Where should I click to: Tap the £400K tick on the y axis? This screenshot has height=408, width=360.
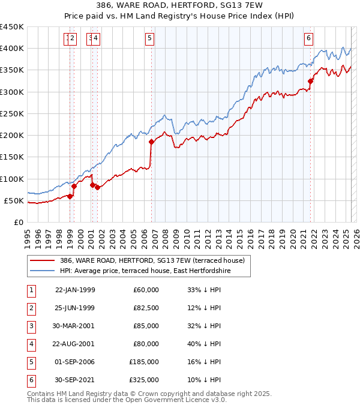(12, 49)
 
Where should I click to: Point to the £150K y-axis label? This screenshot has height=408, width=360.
(12, 157)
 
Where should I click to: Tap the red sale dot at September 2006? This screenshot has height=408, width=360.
(151, 142)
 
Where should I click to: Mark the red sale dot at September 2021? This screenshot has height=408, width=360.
(311, 81)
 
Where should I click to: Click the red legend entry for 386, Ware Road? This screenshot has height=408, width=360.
(152, 261)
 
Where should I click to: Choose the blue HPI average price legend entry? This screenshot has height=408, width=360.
(145, 271)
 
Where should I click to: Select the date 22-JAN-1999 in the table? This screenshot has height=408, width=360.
(75, 290)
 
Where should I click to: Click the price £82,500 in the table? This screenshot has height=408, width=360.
(145, 308)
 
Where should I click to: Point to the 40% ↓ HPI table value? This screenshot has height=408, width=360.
(204, 344)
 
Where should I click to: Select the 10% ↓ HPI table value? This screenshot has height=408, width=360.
(204, 380)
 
